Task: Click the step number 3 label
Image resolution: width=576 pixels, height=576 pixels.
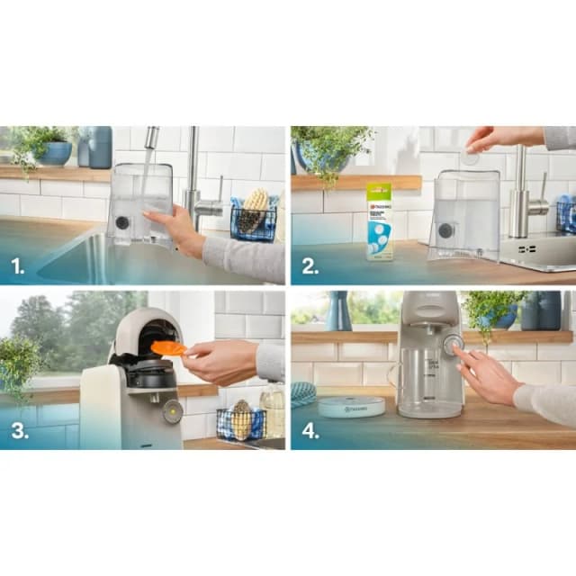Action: click(19, 430)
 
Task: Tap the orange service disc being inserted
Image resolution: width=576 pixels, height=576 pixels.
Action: click(168, 348)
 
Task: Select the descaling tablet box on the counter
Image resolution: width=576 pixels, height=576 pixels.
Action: click(379, 221)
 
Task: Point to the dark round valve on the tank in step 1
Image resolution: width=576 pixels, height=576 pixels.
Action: click(121, 222)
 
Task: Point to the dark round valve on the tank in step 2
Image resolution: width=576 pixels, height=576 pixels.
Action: click(445, 230)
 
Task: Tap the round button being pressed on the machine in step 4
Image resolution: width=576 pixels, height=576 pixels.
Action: click(452, 343)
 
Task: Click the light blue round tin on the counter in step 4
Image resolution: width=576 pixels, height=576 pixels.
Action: click(351, 407)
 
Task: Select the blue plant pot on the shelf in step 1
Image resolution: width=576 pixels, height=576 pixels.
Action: click(56, 153)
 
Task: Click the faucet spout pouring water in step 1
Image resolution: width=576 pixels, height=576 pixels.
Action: click(151, 137)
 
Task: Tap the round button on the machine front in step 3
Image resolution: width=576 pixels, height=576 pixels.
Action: click(173, 411)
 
